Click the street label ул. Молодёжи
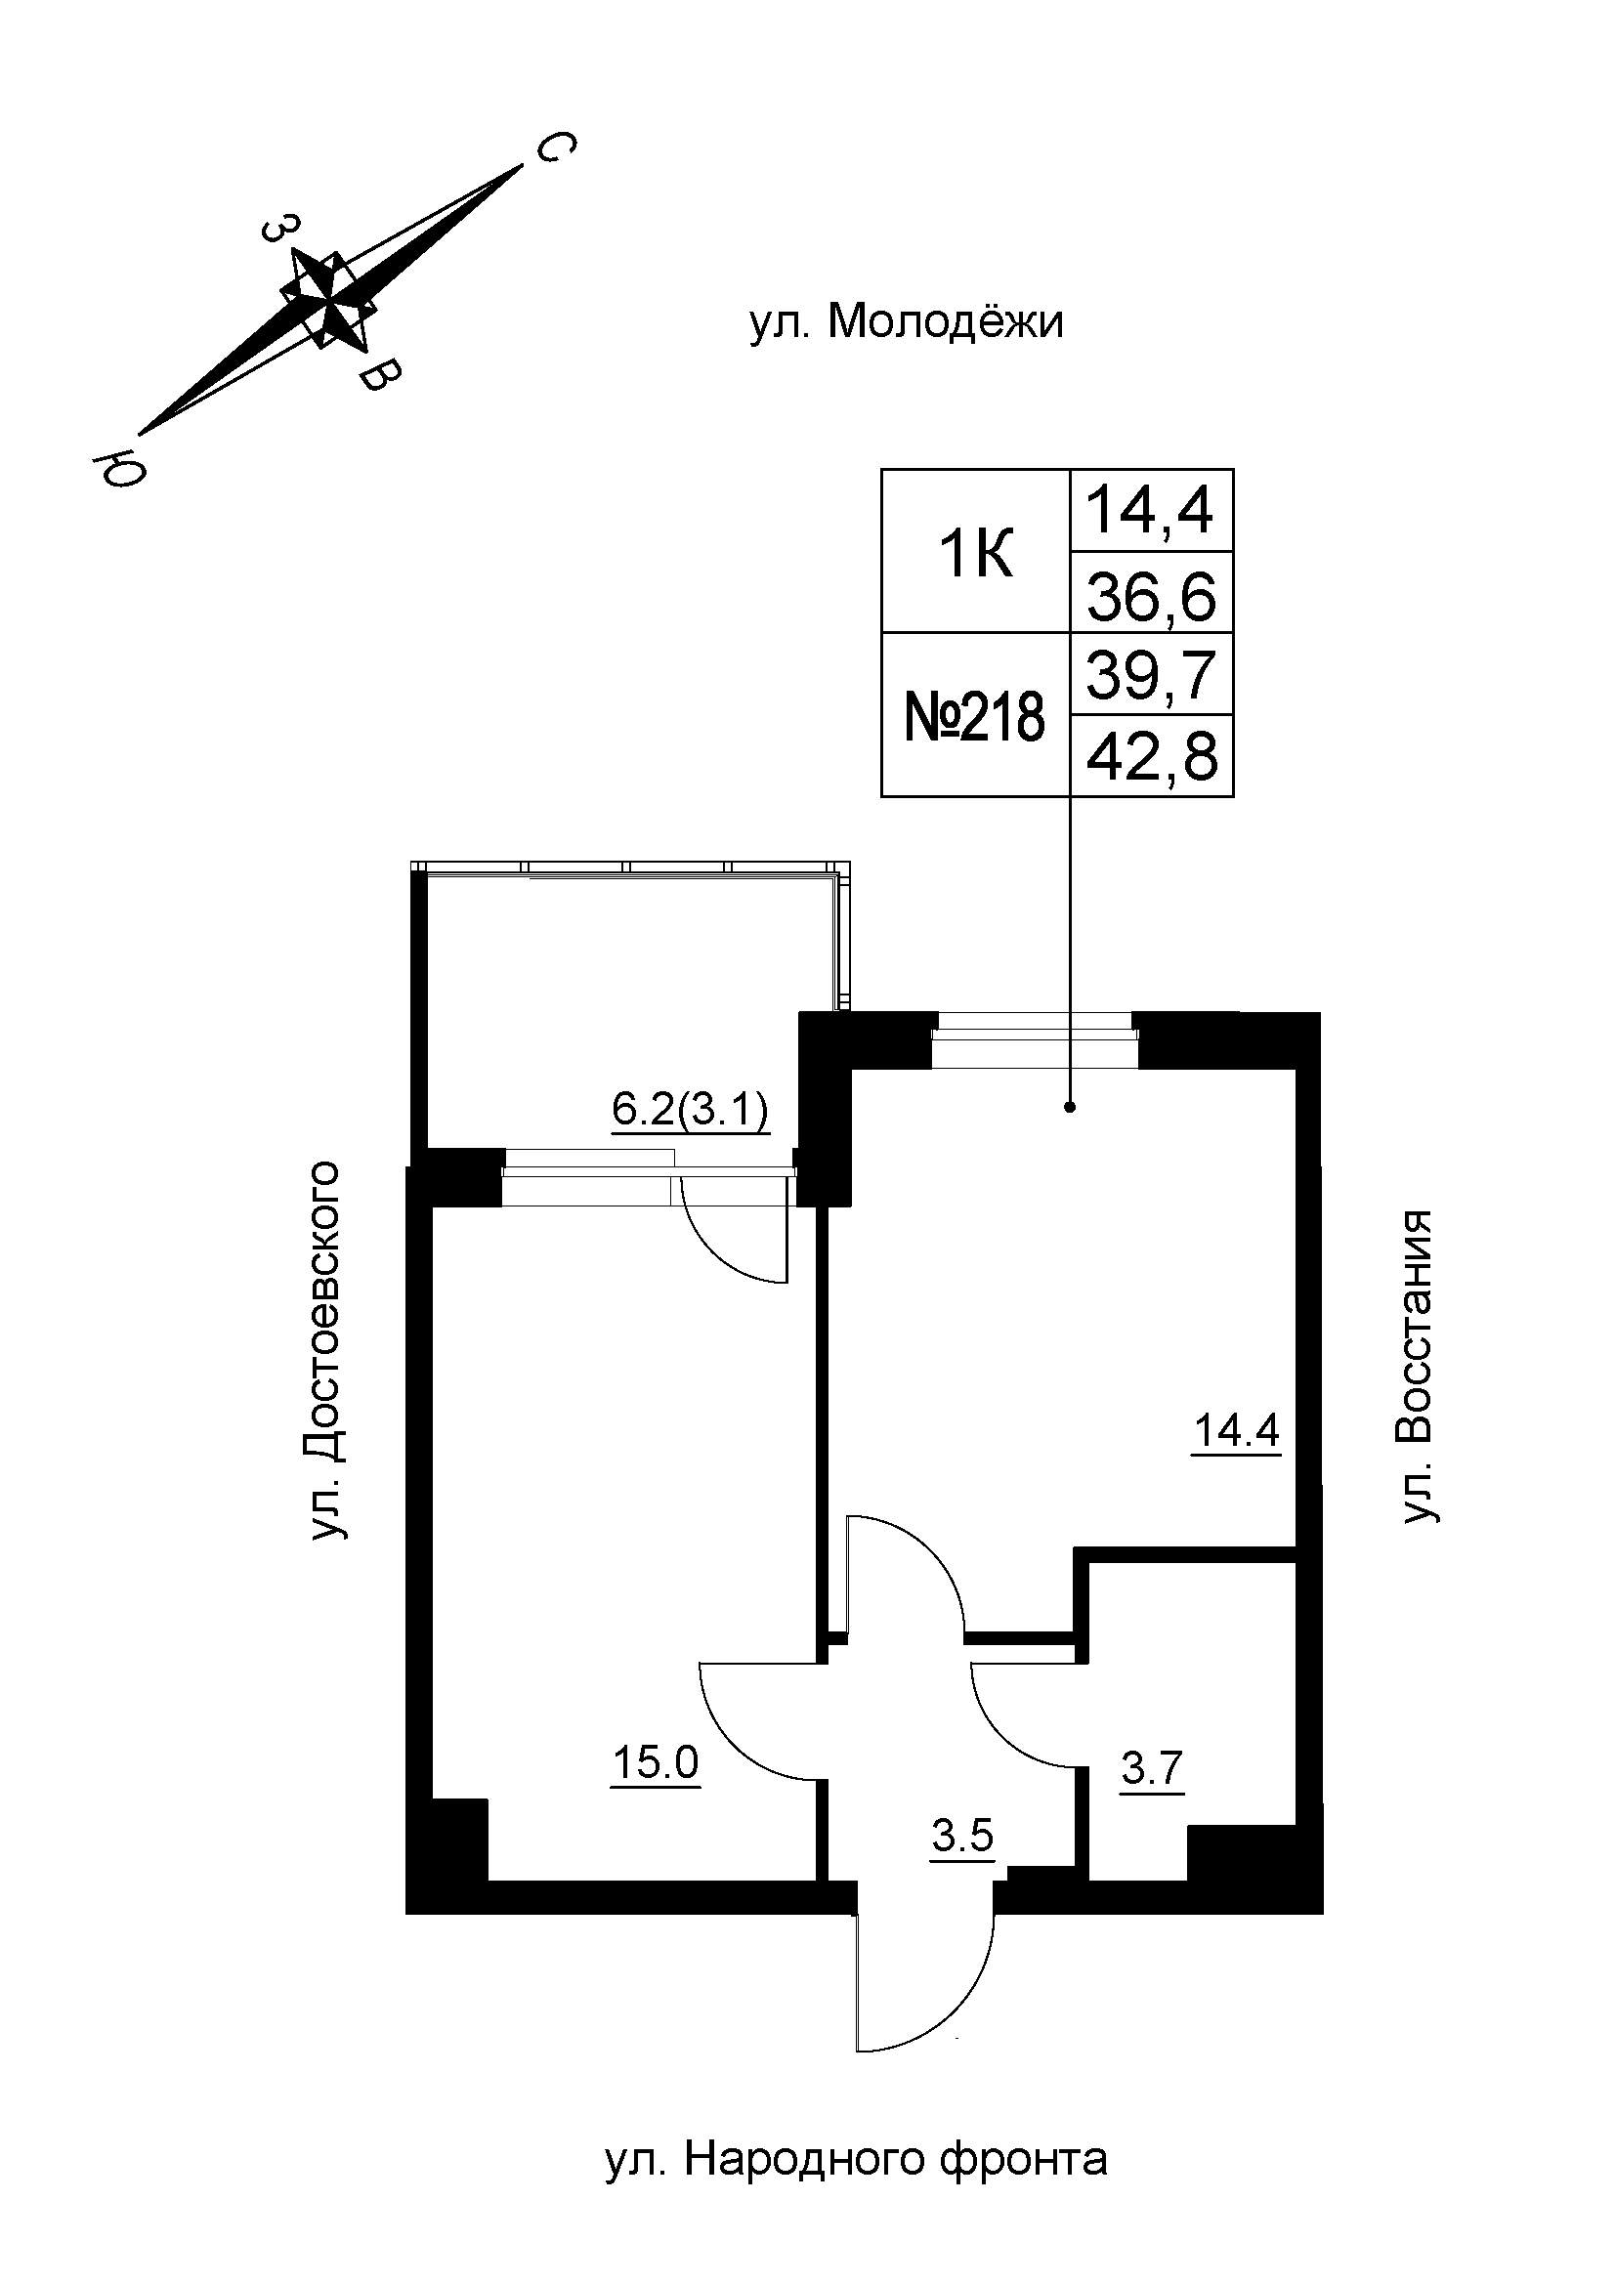pyautogui.click(x=907, y=323)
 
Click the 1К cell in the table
pyautogui.click(x=975, y=554)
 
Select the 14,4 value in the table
pyautogui.click(x=1150, y=512)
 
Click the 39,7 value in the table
pyautogui.click(x=1151, y=676)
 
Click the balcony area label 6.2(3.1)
pyautogui.click(x=690, y=1110)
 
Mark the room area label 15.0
pyautogui.click(x=656, y=1763)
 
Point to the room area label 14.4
pyautogui.click(x=1236, y=1431)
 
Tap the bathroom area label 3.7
pyautogui.click(x=1151, y=1769)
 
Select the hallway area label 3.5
pyautogui.click(x=962, y=1837)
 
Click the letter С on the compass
pyautogui.click(x=554, y=149)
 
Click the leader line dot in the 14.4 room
pyautogui.click(x=1070, y=1106)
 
